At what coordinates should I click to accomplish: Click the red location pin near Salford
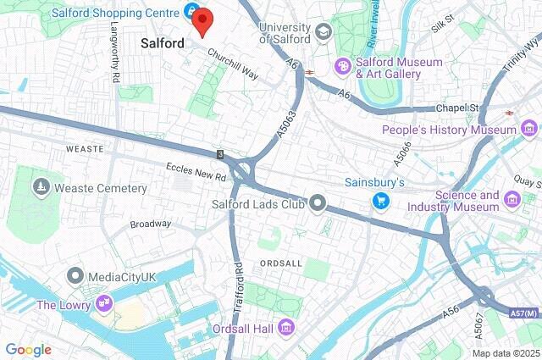[x=202, y=21]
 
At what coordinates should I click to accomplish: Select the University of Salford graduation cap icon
[x=322, y=32]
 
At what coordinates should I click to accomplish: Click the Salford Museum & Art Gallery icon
[x=342, y=66]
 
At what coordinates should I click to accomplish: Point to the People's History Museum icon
[x=529, y=130]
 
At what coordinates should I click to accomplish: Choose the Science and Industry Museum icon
[x=512, y=199]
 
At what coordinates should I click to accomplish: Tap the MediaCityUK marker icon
[x=75, y=275]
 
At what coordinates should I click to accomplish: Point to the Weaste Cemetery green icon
[x=40, y=186]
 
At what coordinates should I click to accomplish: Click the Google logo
[x=28, y=349]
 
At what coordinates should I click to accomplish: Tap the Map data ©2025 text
[x=505, y=353]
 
